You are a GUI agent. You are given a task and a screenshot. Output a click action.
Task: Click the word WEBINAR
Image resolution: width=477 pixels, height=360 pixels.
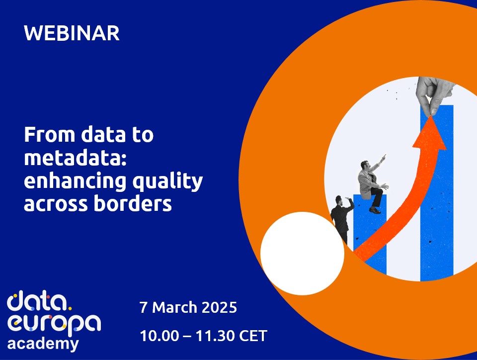click(x=72, y=33)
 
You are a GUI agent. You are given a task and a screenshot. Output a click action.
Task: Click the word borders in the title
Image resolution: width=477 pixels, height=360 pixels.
click(x=133, y=203)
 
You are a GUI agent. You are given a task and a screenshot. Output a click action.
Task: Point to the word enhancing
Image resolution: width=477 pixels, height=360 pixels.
click(x=75, y=181)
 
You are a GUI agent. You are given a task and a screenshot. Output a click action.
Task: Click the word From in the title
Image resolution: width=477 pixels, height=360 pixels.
click(x=50, y=135)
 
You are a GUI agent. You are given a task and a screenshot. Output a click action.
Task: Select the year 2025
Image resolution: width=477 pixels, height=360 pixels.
click(x=219, y=307)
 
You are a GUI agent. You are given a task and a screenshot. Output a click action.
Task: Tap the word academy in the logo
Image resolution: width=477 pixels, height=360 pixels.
click(x=43, y=344)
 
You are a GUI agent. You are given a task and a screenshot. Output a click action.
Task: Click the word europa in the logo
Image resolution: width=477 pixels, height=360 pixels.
click(x=54, y=324)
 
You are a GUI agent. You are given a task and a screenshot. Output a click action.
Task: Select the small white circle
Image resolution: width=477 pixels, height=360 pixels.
click(x=303, y=254)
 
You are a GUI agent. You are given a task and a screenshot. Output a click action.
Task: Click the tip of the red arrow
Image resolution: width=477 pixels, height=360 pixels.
click(x=431, y=116)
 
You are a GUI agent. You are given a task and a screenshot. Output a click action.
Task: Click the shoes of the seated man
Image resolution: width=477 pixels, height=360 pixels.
click(x=375, y=210)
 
